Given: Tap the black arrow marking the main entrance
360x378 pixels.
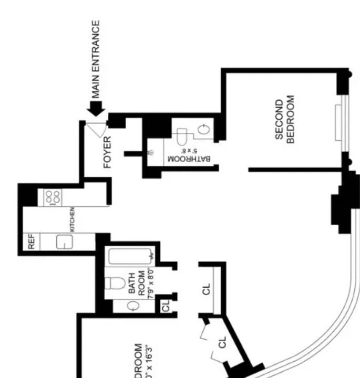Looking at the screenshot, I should click(96, 108).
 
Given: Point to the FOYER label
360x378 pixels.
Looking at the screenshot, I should click(108, 152).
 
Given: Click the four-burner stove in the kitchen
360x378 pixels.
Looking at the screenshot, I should click(53, 197).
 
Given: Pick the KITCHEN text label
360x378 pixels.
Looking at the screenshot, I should click(73, 220).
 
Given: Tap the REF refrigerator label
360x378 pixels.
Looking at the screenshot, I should click(31, 242).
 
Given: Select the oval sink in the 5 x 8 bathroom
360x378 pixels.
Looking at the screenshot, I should click(205, 130).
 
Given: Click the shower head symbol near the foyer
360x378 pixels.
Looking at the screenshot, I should click(151, 153).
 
